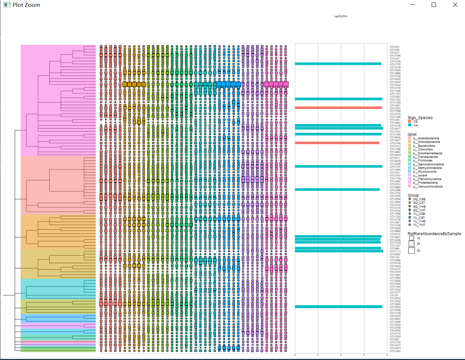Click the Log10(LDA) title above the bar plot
pos(340,16)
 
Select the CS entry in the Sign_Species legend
pos(415,122)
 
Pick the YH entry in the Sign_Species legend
pos(415,125)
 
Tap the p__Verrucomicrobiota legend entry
pos(428,187)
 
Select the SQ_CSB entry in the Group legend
pos(419,199)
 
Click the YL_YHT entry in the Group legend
pos(419,225)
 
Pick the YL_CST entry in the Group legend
pos(419,218)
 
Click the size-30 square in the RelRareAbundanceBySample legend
pos(412,250)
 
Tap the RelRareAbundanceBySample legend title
pos(434,234)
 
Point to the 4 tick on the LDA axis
pos(341,355)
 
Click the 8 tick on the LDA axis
pos(387,355)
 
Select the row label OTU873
pos(394,47)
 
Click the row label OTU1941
pos(395,351)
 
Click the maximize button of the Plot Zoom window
pos(434,5)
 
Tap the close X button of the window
pos(455,5)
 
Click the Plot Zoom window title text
pos(26,5)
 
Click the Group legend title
pos(413,195)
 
